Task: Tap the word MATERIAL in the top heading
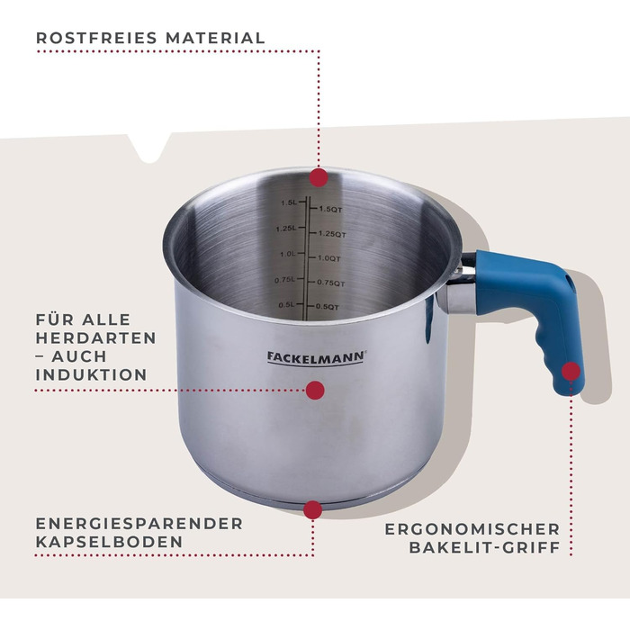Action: click(215, 38)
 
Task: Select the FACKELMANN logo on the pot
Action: click(316, 357)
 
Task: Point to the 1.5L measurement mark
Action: click(289, 202)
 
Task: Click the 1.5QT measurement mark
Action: click(330, 209)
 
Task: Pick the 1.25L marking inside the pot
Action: click(285, 229)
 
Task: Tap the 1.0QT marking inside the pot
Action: click(328, 258)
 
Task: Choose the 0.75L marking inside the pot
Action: click(284, 280)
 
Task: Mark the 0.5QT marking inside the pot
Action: click(327, 307)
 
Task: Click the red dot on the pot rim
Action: click(319, 177)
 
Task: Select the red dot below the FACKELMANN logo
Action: click(315, 390)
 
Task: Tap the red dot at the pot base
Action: click(313, 510)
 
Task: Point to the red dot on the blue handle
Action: click(571, 371)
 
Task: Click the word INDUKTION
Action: click(92, 374)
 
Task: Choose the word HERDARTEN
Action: click(95, 337)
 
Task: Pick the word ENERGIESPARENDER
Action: click(139, 523)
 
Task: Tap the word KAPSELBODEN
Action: click(109, 542)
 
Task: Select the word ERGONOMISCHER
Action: click(472, 529)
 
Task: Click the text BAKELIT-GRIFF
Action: click(484, 547)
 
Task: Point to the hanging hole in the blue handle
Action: click(567, 279)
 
